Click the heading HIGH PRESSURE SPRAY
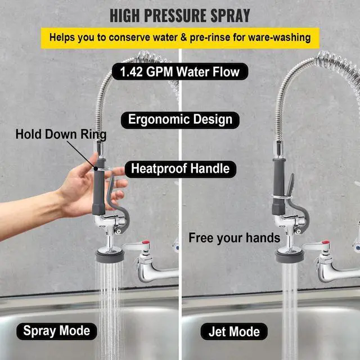click(180, 16)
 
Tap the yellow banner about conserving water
click(180, 38)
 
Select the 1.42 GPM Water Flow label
click(180, 71)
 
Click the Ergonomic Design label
click(180, 120)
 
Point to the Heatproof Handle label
click(180, 169)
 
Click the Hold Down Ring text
click(61, 134)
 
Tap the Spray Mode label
click(57, 331)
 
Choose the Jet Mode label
click(234, 331)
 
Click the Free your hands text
click(234, 238)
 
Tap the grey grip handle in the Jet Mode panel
click(279, 187)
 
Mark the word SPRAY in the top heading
click(230, 16)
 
